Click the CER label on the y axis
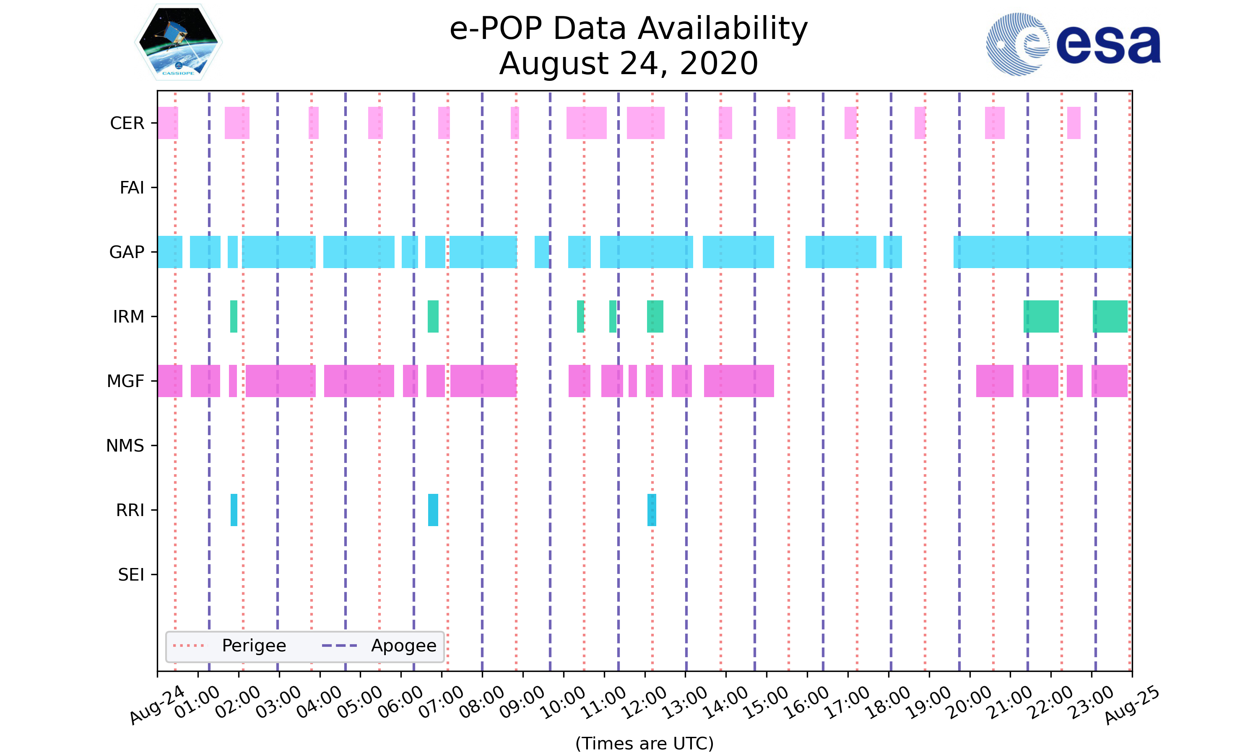tap(127, 123)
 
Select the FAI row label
tap(132, 188)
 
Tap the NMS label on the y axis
tap(125, 446)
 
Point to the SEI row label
tap(131, 575)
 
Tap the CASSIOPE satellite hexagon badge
tap(179, 42)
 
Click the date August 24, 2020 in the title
tap(629, 64)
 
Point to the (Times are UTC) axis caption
tap(644, 744)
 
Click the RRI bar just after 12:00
tap(651, 510)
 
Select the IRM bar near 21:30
tap(1041, 317)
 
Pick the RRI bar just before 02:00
tap(234, 510)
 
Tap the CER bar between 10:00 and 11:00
tap(586, 123)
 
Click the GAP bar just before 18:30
tap(892, 252)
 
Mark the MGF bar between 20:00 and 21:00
tap(994, 381)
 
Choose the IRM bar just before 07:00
tap(433, 317)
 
